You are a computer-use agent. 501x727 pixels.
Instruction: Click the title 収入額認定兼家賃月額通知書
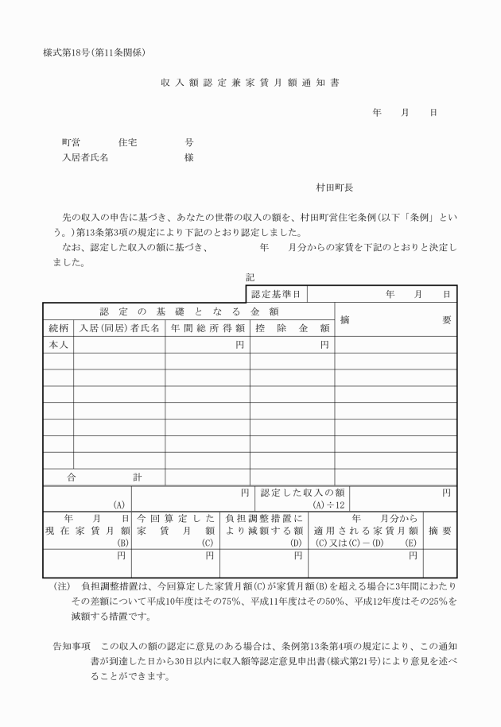click(x=250, y=83)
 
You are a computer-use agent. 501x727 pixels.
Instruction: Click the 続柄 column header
click(x=57, y=327)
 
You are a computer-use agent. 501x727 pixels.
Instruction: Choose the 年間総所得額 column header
click(x=207, y=327)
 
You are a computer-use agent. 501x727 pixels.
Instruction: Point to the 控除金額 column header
click(x=292, y=327)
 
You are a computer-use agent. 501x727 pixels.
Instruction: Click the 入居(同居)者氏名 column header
click(x=119, y=327)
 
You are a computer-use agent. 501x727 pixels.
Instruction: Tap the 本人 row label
click(x=57, y=345)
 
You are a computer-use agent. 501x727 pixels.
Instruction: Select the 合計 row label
click(x=103, y=477)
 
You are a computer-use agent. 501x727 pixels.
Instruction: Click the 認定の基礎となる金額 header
click(x=188, y=311)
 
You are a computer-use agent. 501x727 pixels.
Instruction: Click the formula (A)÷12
click(x=328, y=505)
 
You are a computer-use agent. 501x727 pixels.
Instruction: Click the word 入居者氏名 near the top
click(x=85, y=157)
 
